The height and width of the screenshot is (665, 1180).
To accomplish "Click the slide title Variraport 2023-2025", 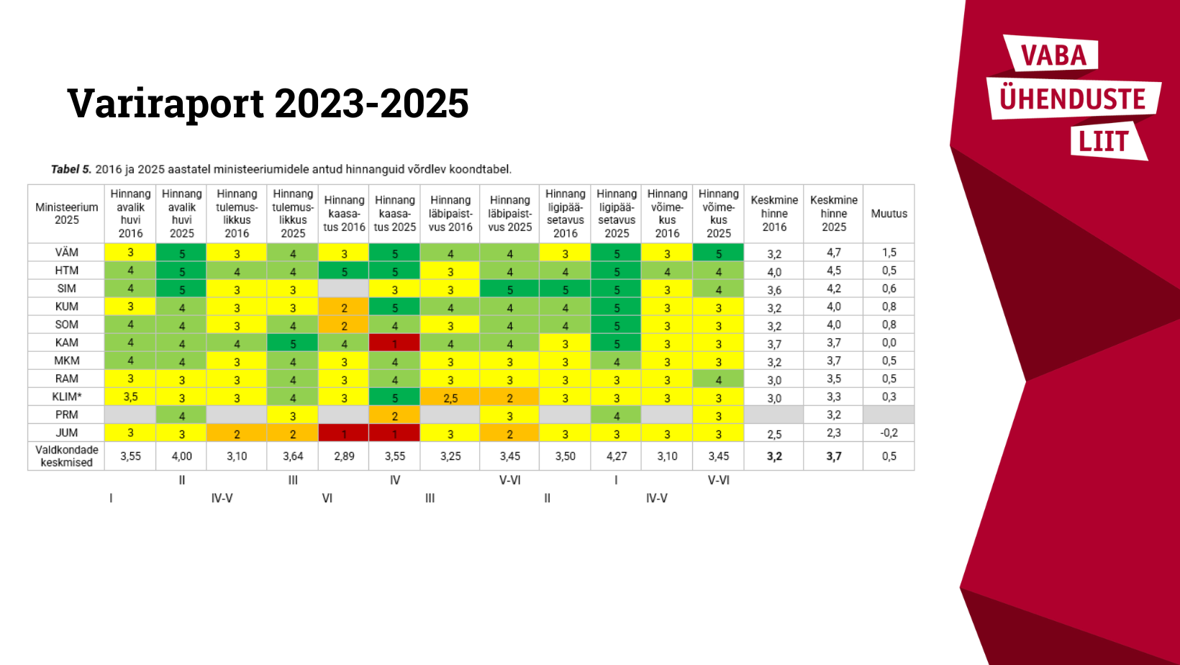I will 268,103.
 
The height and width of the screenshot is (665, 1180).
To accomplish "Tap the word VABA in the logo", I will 1053,55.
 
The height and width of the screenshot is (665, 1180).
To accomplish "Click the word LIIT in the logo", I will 1103,142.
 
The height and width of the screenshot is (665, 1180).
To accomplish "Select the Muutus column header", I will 889,214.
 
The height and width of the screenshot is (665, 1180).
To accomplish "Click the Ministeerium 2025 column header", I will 67,214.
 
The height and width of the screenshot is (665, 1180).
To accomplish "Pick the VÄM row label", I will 67,253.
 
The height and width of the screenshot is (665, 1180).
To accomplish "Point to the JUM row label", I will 67,433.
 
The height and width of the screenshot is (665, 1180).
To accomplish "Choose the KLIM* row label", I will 67,397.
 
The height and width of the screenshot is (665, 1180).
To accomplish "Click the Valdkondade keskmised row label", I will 67,456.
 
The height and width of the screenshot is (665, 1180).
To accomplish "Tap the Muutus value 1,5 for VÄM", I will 889,253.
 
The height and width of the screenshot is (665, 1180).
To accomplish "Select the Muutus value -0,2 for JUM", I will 889,433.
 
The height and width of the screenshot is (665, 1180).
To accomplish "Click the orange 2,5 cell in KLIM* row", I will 450,398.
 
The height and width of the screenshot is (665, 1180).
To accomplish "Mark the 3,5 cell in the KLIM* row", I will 130,397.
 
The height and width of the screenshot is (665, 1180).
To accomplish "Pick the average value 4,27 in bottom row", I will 617,456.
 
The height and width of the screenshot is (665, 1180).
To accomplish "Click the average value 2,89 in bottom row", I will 344,456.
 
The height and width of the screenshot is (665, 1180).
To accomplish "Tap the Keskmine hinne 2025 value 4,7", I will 834,253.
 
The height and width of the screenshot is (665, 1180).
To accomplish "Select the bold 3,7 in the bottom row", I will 834,456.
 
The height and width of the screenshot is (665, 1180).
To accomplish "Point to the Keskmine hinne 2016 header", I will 774,214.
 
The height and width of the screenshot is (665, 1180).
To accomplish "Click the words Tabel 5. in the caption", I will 71,170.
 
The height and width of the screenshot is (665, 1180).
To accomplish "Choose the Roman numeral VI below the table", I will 327,498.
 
